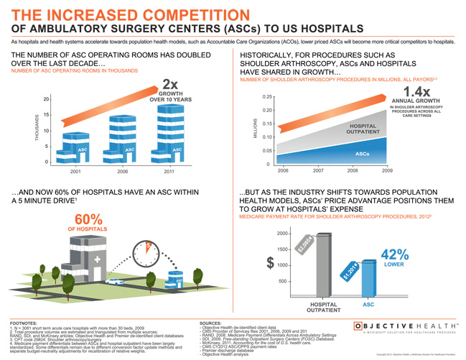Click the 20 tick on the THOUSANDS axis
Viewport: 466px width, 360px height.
(46, 99)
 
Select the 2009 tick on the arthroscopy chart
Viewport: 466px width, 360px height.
(387, 171)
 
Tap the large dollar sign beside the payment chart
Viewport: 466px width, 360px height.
(269, 264)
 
